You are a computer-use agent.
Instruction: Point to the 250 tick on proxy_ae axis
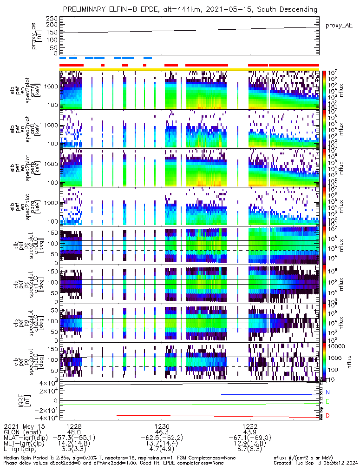pos(51,18)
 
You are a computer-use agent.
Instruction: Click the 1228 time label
pos(74,426)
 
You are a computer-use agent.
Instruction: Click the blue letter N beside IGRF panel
pos(327,392)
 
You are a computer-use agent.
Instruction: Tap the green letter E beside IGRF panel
pos(327,401)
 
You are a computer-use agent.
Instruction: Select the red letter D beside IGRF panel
pos(327,415)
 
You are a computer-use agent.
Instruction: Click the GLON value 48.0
pos(74,432)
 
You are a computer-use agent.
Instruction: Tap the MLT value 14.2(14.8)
pos(74,444)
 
